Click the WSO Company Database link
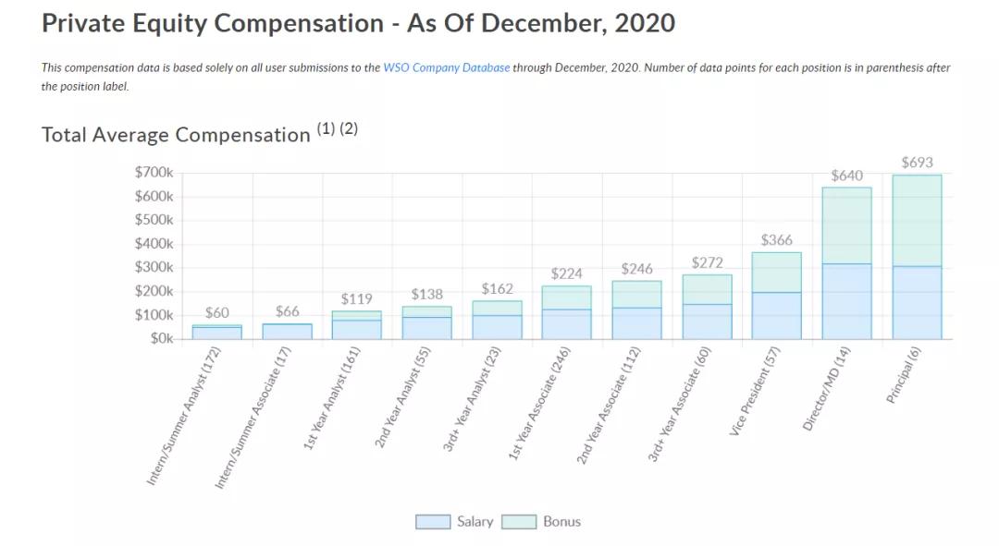pos(446,67)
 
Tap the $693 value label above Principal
pos(917,163)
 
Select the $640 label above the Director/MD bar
pos(846,175)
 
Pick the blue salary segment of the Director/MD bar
pos(846,301)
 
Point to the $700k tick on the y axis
pos(154,173)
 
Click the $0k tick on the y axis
pos(161,338)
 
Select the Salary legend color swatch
pos(432,522)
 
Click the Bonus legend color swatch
pos(519,522)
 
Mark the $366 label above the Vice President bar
pos(776,240)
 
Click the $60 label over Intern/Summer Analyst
pos(216,312)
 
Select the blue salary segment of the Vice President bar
pos(776,315)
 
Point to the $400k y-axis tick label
pos(154,244)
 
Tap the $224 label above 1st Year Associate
pos(567,273)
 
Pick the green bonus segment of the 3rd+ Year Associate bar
pos(707,289)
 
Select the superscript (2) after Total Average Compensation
pos(349,128)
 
